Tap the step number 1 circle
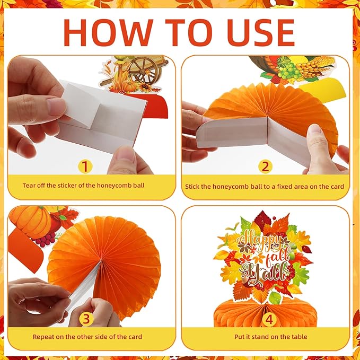tap(84, 166)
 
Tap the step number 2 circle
tap(265, 166)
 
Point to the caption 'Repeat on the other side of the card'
tap(87, 337)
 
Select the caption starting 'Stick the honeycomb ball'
tap(265, 186)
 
